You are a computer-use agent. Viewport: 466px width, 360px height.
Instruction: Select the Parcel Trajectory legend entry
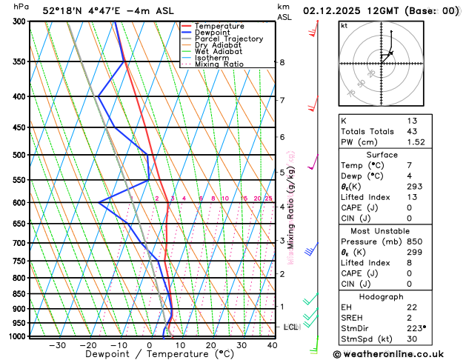point(228,39)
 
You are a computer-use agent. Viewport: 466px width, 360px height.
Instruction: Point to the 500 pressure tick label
point(20,156)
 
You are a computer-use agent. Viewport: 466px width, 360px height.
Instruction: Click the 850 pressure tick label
point(20,294)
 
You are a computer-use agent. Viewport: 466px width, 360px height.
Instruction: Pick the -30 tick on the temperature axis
point(57,345)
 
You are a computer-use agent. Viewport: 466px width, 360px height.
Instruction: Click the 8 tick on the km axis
point(282,62)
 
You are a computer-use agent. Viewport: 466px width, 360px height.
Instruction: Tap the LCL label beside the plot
point(290,327)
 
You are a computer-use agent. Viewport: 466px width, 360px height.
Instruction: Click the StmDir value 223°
point(417,328)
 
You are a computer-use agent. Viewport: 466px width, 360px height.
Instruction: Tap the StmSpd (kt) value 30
point(412,339)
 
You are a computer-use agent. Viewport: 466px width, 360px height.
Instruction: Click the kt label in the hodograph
point(344,26)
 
